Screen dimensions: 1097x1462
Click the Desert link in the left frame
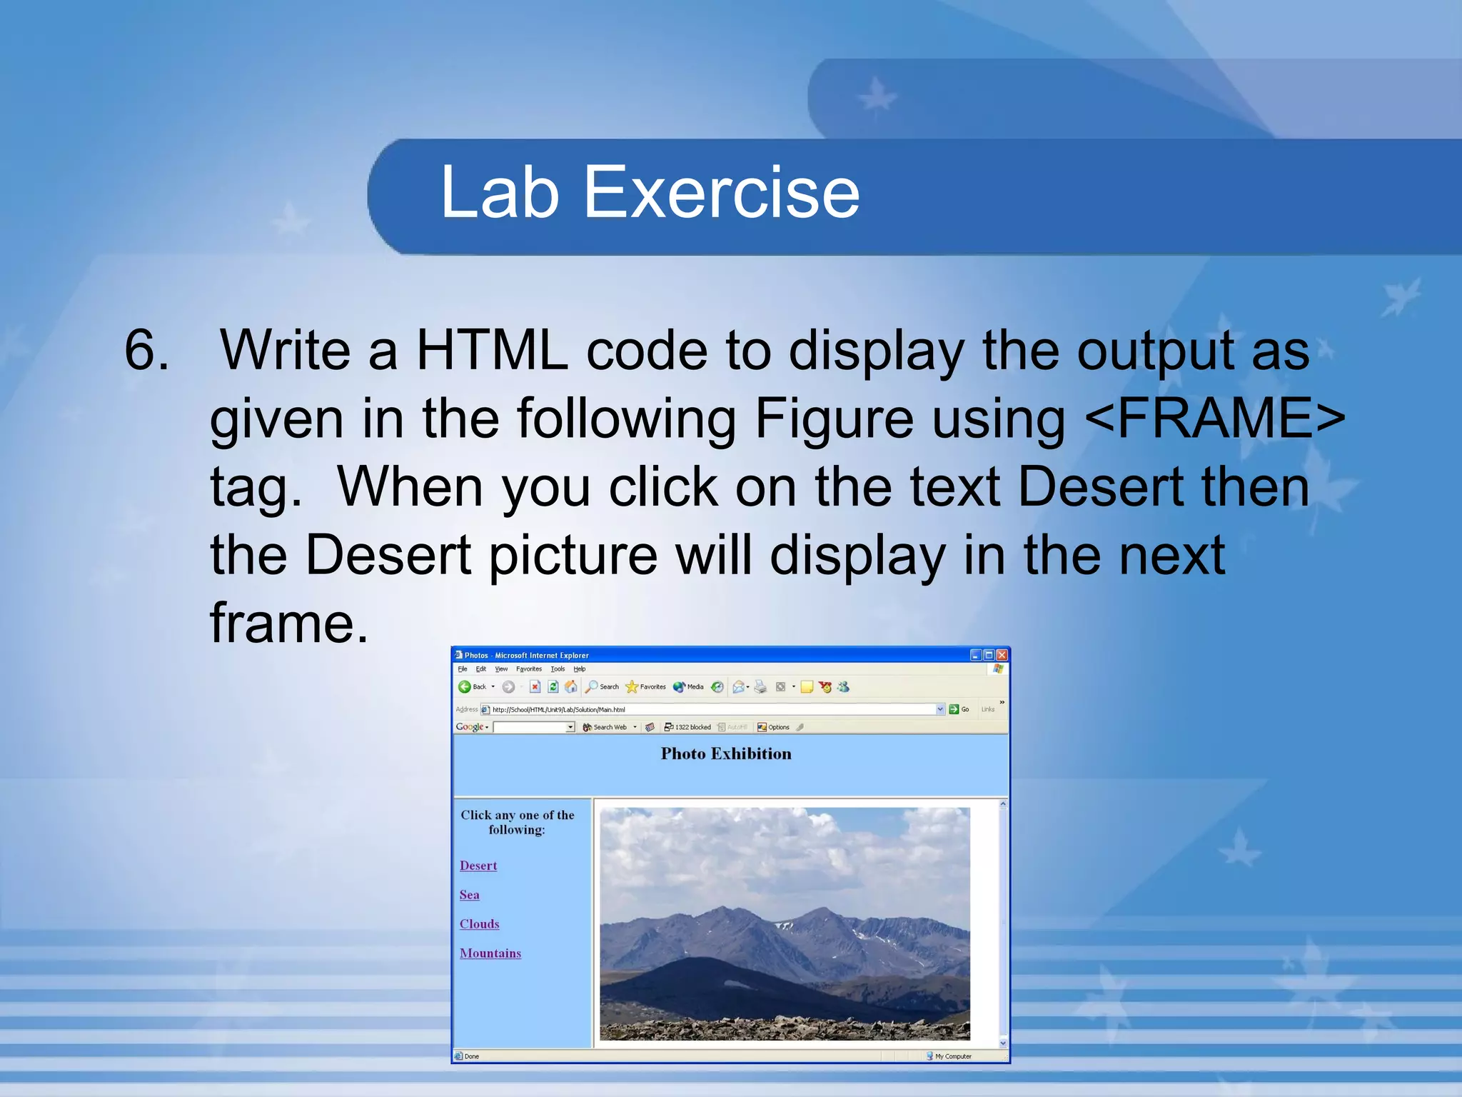pyautogui.click(x=478, y=866)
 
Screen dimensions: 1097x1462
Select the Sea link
pyautogui.click(x=469, y=895)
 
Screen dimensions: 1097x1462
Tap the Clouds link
pyautogui.click(x=479, y=924)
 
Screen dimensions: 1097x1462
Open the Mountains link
pyautogui.click(x=490, y=953)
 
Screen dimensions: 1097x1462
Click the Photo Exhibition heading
pyautogui.click(x=726, y=754)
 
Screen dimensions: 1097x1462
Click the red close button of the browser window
pyautogui.click(x=1002, y=655)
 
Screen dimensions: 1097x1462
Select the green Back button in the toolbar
pyautogui.click(x=465, y=687)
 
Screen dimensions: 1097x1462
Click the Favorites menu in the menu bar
pyautogui.click(x=529, y=669)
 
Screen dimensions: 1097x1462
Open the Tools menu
pyautogui.click(x=558, y=669)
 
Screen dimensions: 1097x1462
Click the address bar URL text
pyautogui.click(x=558, y=710)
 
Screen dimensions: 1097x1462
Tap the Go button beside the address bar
pyautogui.click(x=959, y=709)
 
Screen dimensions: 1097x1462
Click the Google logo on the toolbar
pyautogui.click(x=470, y=727)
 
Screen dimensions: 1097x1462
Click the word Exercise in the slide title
pyautogui.click(x=722, y=192)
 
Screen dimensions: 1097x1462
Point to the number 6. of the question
pyautogui.click(x=147, y=350)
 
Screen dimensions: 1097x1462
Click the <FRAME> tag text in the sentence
pyautogui.click(x=1214, y=419)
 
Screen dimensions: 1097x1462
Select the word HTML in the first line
pyautogui.click(x=492, y=350)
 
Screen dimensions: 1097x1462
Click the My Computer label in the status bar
pyautogui.click(x=952, y=1056)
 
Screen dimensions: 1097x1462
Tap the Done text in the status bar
pyautogui.click(x=471, y=1056)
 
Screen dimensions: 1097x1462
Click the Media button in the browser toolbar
pyautogui.click(x=689, y=687)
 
